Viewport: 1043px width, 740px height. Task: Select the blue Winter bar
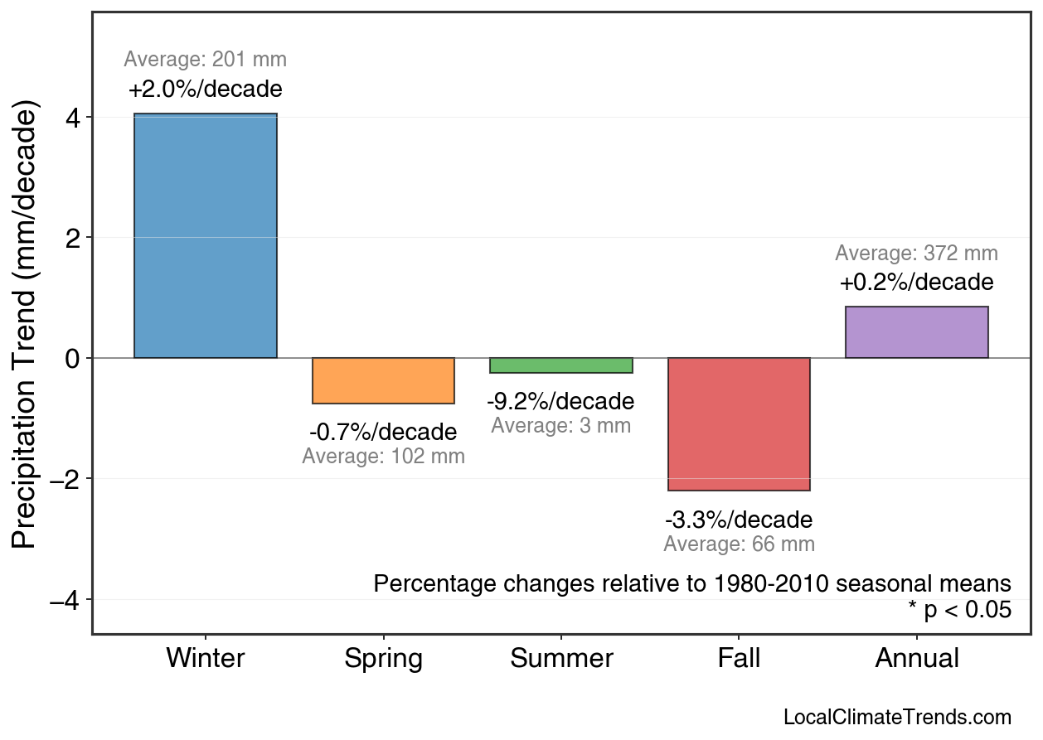pyautogui.click(x=206, y=236)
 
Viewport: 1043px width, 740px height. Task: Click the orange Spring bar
pyautogui.click(x=383, y=381)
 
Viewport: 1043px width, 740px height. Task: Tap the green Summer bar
pyautogui.click(x=561, y=365)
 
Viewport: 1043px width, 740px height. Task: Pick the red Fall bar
pyautogui.click(x=739, y=424)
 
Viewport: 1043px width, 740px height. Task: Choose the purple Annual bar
pyautogui.click(x=916, y=332)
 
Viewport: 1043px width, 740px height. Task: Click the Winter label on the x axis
pyautogui.click(x=206, y=659)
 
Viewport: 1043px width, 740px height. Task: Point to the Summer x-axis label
pyautogui.click(x=561, y=659)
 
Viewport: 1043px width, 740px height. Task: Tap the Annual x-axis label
pyautogui.click(x=917, y=659)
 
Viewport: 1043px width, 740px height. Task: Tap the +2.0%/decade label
pyautogui.click(x=205, y=89)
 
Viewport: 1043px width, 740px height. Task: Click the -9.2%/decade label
pyautogui.click(x=560, y=402)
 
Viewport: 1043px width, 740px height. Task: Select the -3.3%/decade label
pyautogui.click(x=739, y=520)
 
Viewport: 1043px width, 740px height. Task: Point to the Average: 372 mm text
pyautogui.click(x=916, y=254)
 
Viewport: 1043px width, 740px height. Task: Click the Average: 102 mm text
pyautogui.click(x=383, y=457)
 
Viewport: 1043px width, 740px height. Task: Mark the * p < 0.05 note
pyautogui.click(x=959, y=611)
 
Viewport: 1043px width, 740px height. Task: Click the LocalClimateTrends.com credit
pyautogui.click(x=897, y=718)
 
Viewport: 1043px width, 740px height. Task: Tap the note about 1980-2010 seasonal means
pyautogui.click(x=692, y=583)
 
